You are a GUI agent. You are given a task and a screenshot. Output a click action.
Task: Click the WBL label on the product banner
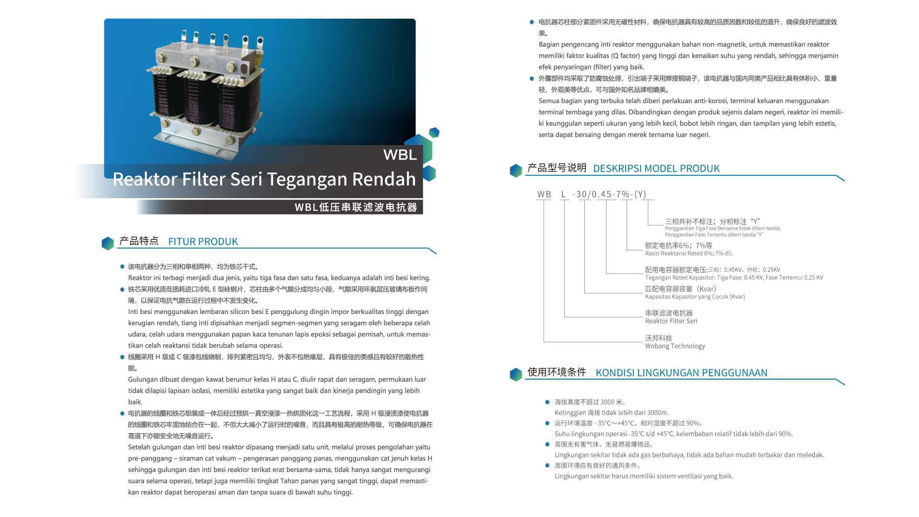[400, 155]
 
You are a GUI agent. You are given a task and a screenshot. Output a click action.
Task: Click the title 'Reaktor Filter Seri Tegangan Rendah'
[264, 179]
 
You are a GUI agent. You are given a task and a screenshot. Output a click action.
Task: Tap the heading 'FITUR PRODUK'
[203, 242]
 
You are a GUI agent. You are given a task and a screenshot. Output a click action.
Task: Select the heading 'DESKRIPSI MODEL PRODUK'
[656, 169]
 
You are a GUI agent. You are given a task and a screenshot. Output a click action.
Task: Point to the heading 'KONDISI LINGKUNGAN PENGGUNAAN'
[681, 373]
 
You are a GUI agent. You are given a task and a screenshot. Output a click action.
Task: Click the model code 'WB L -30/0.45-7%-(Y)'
[592, 194]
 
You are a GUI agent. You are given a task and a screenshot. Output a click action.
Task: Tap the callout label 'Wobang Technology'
[675, 346]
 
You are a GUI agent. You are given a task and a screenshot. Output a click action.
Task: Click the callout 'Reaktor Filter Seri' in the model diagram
[671, 321]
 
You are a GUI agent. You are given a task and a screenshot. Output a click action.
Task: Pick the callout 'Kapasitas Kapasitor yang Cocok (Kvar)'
[695, 297]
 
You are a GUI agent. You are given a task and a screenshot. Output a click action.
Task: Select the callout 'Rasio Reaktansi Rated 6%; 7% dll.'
[689, 253]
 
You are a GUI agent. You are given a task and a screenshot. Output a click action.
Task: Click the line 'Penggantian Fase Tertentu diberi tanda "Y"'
[714, 235]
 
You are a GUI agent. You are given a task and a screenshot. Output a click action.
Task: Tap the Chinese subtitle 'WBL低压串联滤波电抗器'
[356, 207]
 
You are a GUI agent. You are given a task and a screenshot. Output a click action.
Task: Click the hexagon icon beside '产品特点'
[108, 243]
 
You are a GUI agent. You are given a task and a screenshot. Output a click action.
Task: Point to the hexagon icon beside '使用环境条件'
[516, 374]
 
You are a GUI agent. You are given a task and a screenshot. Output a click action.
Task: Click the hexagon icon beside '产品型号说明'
[516, 170]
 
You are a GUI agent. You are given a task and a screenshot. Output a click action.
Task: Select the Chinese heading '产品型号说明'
[557, 168]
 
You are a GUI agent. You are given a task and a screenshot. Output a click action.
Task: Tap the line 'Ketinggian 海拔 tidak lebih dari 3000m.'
[612, 413]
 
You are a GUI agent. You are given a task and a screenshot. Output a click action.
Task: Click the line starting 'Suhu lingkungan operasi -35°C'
[673, 434]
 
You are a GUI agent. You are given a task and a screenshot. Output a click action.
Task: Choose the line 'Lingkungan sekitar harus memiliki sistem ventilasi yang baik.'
[644, 476]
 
